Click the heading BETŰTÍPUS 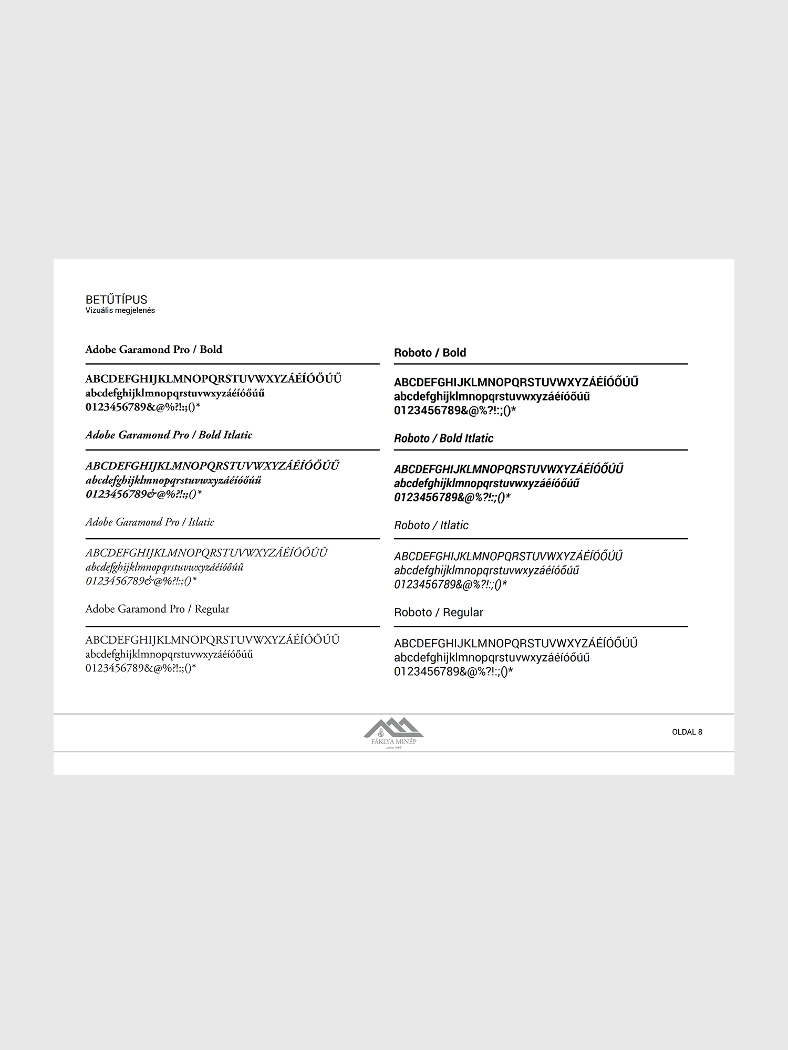[x=116, y=300]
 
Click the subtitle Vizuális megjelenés [x=120, y=310]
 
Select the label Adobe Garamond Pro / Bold [x=153, y=350]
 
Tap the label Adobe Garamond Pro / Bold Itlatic [x=169, y=435]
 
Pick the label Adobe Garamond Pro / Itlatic [x=150, y=522]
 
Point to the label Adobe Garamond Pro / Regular [x=157, y=609]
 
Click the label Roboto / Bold [x=430, y=353]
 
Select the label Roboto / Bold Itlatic [x=443, y=438]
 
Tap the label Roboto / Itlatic [x=431, y=526]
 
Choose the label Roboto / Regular [x=438, y=613]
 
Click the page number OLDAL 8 [x=687, y=732]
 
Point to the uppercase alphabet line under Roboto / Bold [x=516, y=382]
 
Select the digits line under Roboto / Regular [x=453, y=671]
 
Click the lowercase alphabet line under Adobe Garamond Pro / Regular [x=169, y=655]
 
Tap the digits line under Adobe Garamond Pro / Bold [x=143, y=407]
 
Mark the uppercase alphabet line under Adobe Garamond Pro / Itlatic [x=206, y=553]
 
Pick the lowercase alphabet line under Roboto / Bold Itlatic [x=486, y=484]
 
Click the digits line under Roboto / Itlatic [x=450, y=584]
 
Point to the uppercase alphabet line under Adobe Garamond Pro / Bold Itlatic [x=212, y=466]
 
